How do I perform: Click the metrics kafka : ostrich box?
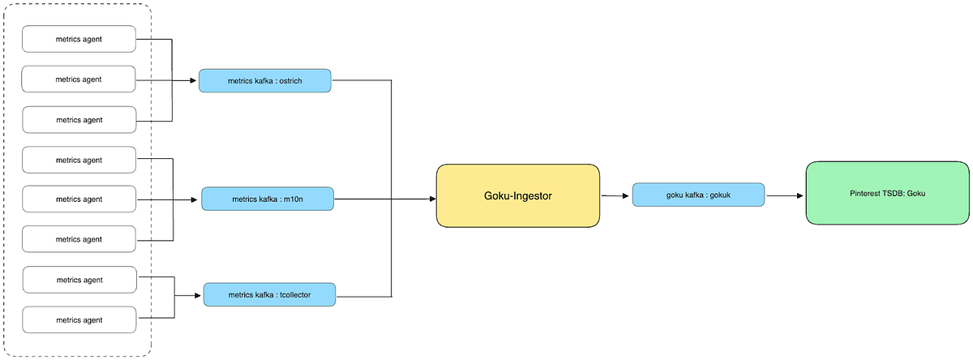265,80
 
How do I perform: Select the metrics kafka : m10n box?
267,199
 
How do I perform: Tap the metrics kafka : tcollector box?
268,294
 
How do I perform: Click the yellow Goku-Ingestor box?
517,195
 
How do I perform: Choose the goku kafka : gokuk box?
698,195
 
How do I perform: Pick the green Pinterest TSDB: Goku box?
887,193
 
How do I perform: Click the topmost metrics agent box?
79,39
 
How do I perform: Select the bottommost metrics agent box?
79,319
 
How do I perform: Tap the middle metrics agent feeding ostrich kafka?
79,79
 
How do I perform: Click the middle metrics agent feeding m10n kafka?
79,199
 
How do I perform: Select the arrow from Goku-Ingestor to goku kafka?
615,195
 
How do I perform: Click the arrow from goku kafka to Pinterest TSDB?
784,195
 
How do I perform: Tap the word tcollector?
294,294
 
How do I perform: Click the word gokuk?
718,195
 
